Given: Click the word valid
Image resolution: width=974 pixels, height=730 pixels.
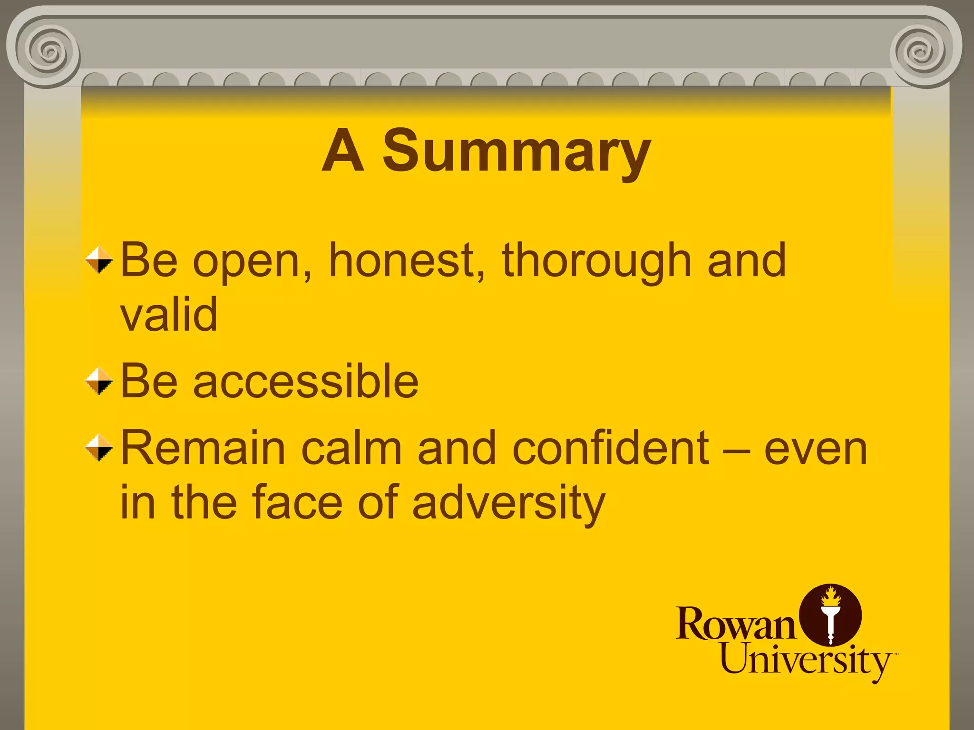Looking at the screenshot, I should pos(169,314).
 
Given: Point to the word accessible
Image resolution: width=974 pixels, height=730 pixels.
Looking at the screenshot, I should pos(306,381).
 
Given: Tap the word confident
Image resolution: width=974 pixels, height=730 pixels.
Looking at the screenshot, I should pos(610,448).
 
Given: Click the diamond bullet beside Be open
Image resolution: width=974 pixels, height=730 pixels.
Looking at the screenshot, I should pos(99,260).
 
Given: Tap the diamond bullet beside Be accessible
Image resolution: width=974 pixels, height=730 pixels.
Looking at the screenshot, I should pos(99,381).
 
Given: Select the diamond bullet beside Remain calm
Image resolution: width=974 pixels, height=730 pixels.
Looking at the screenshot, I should pos(99,447).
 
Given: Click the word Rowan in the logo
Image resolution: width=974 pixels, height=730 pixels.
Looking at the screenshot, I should pos(735,624).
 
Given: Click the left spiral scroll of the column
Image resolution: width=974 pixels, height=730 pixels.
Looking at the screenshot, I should pos(48,50).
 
